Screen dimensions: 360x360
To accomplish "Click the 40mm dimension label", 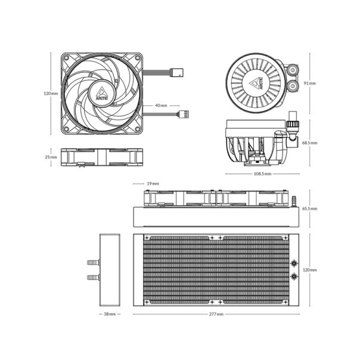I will tap(161, 105).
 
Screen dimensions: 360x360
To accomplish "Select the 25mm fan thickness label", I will tap(51, 157).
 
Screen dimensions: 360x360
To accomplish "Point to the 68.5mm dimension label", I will tap(310, 143).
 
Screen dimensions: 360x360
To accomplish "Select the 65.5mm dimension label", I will tap(310, 209).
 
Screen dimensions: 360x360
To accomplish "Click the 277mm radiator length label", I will tap(217, 314).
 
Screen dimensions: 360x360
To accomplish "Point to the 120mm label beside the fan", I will tap(51, 94).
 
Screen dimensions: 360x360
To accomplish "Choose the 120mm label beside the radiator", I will tap(310, 270).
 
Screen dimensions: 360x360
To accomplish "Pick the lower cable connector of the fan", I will tap(184, 114).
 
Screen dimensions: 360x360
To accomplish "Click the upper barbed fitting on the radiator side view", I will tap(92, 262).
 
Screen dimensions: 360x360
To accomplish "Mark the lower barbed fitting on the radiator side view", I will tap(92, 277).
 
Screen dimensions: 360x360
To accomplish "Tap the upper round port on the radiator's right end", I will tap(294, 263).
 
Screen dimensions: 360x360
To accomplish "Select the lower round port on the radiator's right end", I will tap(294, 277).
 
